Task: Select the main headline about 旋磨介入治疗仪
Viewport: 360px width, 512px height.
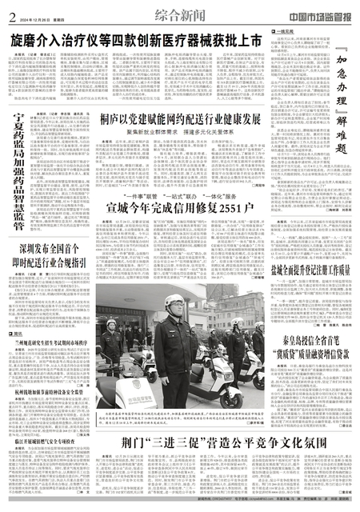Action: (135, 38)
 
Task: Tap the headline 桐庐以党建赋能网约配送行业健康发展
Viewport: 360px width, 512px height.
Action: (186, 118)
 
